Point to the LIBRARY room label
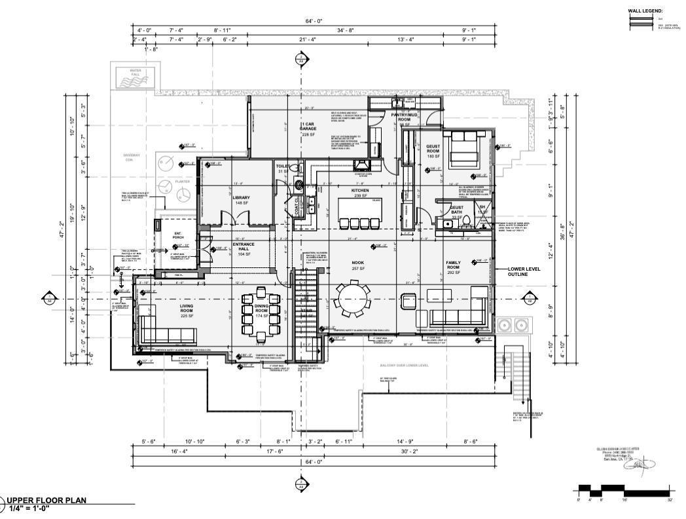[x=241, y=197]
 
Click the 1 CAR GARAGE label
[x=308, y=128]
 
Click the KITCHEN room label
[x=360, y=191]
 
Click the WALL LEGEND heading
[x=645, y=11]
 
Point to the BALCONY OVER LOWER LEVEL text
[x=404, y=365]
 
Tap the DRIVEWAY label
[x=132, y=157]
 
